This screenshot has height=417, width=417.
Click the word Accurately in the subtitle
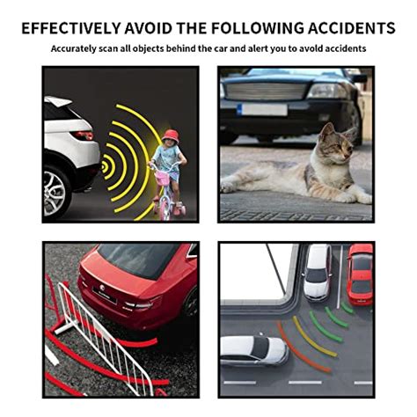77,49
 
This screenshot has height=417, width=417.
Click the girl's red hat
170,135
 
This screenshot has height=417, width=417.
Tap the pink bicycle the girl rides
164,189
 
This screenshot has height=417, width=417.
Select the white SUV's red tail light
84,135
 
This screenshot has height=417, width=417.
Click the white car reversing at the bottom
252,349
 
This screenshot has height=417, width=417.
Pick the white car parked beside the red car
317,271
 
